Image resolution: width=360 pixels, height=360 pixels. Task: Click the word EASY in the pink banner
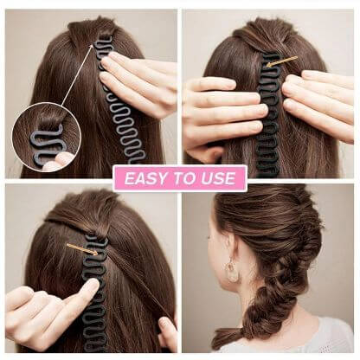pos(144,179)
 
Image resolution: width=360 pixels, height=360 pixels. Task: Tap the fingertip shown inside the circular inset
pos(62,160)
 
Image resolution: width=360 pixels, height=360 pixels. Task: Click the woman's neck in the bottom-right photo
pos(260,303)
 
